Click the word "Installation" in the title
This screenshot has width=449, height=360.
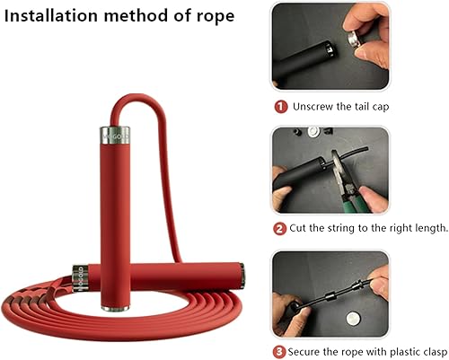pos(54,16)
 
